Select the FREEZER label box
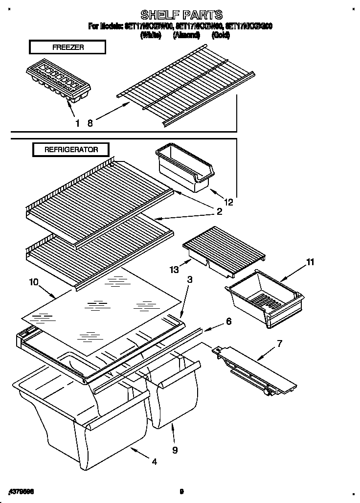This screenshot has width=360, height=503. (67, 47)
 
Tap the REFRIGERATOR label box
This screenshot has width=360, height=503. (71, 150)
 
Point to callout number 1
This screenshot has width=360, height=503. (77, 123)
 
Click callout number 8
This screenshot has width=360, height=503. (90, 123)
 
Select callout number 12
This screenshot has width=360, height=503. (228, 201)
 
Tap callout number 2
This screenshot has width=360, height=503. (219, 212)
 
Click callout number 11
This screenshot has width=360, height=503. (310, 262)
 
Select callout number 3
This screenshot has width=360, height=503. (190, 280)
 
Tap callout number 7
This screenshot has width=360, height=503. (279, 343)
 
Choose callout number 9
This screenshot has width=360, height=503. (175, 449)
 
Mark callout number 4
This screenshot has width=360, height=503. (155, 461)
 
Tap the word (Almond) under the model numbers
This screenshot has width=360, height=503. (186, 35)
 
